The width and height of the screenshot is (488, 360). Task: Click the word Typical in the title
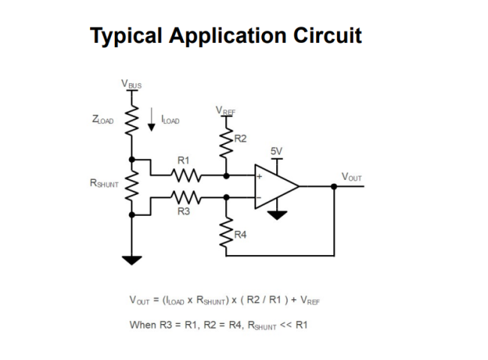[x=126, y=36]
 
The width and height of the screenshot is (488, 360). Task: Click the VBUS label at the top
[x=131, y=84]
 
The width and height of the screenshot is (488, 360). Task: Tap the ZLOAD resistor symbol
[x=131, y=120]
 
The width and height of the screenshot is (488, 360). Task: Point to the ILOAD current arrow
[x=151, y=119]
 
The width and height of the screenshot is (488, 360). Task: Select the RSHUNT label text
[x=104, y=183]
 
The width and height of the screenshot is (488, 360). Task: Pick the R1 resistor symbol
[x=185, y=175]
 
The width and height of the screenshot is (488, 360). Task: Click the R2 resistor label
[x=240, y=138]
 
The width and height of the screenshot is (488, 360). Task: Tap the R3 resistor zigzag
[x=185, y=197]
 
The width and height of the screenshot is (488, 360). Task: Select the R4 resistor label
[x=240, y=235]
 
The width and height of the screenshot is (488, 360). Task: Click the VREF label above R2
[x=226, y=111]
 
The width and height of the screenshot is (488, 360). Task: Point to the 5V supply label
[x=276, y=151]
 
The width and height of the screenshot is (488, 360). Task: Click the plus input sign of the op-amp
[x=259, y=176]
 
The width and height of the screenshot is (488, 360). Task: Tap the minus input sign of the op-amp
[x=259, y=197]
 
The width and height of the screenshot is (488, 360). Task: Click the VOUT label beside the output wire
[x=351, y=177]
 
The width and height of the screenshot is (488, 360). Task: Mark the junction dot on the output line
[x=334, y=187]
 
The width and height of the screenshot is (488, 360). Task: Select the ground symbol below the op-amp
[x=277, y=215]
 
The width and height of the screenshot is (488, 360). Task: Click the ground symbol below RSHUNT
[x=131, y=260]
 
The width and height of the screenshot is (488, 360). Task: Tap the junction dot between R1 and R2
[x=227, y=176]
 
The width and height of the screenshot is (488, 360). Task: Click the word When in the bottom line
[x=143, y=325]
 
